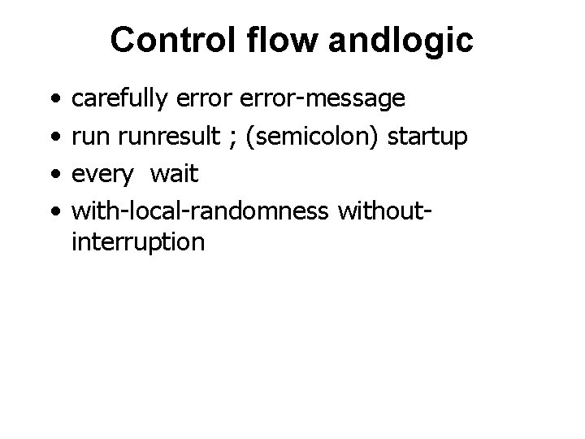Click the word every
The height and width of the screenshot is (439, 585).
pyautogui.click(x=101, y=174)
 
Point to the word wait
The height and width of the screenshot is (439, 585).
pyautogui.click(x=175, y=174)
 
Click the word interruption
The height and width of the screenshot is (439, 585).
pyautogui.click(x=138, y=242)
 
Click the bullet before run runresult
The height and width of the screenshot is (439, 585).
pyautogui.click(x=53, y=137)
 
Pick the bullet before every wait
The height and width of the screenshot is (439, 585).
pyautogui.click(x=53, y=175)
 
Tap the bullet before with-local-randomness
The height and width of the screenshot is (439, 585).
pyautogui.click(x=53, y=211)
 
